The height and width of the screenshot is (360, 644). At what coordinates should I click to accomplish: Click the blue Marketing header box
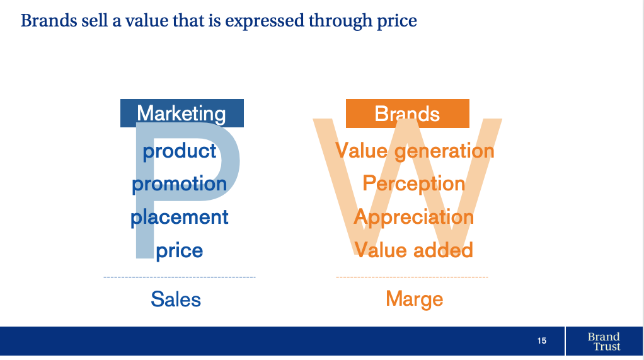tap(182, 113)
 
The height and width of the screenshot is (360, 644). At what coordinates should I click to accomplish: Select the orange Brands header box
tap(408, 113)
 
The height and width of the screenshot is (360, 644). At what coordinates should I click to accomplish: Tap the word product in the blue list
tap(180, 151)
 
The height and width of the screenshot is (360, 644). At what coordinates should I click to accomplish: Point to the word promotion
tap(179, 183)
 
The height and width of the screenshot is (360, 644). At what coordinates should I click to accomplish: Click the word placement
tap(179, 217)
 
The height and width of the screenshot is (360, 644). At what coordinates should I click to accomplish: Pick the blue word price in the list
tap(180, 250)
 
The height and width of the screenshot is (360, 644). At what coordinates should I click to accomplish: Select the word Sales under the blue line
tap(176, 299)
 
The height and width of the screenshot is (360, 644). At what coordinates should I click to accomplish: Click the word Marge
tap(415, 299)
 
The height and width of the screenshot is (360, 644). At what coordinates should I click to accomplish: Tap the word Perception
tap(414, 183)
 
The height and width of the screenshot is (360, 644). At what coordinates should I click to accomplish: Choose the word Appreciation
tap(414, 217)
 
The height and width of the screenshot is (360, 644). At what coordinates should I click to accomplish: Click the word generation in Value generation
tap(444, 151)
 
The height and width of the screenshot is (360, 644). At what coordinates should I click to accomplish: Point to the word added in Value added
tap(444, 250)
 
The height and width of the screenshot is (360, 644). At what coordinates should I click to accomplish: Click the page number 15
tap(542, 340)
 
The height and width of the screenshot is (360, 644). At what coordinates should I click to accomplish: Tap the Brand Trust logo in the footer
tap(604, 342)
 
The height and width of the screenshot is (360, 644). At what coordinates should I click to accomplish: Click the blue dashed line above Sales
tap(180, 277)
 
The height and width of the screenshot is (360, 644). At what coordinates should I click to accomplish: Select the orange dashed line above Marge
tap(412, 277)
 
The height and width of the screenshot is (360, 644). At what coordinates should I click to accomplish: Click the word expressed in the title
tap(265, 21)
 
